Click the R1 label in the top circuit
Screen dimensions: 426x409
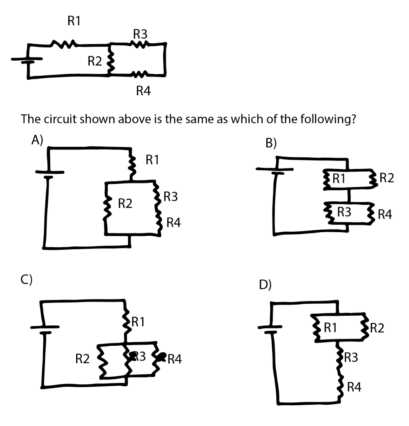point(74,22)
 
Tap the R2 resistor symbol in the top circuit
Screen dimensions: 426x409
point(110,61)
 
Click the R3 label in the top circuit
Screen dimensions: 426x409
point(140,34)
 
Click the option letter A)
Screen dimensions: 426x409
point(37,140)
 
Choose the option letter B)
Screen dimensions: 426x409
point(271,143)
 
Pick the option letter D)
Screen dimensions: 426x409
point(265,285)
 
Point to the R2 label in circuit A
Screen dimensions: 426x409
point(125,203)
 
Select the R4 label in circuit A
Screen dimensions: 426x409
point(174,223)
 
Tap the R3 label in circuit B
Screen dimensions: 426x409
point(344,212)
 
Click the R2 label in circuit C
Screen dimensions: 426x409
point(82,358)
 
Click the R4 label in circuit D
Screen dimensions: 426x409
point(354,388)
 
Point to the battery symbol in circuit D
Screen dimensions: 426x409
point(272,328)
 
